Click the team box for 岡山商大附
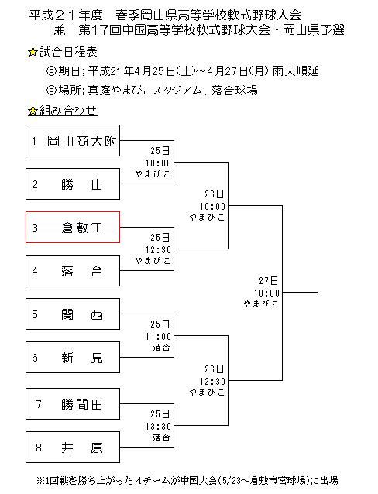click(x=73, y=140)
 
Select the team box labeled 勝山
click(x=73, y=184)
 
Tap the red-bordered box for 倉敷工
click(x=73, y=227)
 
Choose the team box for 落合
click(x=73, y=271)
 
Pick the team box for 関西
click(x=73, y=314)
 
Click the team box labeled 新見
click(x=73, y=357)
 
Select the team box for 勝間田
click(x=73, y=403)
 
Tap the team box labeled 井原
click(x=73, y=447)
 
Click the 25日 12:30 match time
click(x=158, y=244)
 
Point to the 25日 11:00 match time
click(x=158, y=330)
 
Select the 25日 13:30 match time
click(x=158, y=420)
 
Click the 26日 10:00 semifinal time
click(x=212, y=201)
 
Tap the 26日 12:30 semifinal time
click(x=212, y=376)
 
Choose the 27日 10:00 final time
click(x=266, y=287)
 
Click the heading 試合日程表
click(x=68, y=52)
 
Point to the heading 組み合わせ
click(x=68, y=111)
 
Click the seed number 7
click(x=39, y=404)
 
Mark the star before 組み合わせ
click(x=33, y=111)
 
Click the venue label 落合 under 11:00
click(x=161, y=347)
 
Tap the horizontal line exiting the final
click(x=300, y=293)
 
